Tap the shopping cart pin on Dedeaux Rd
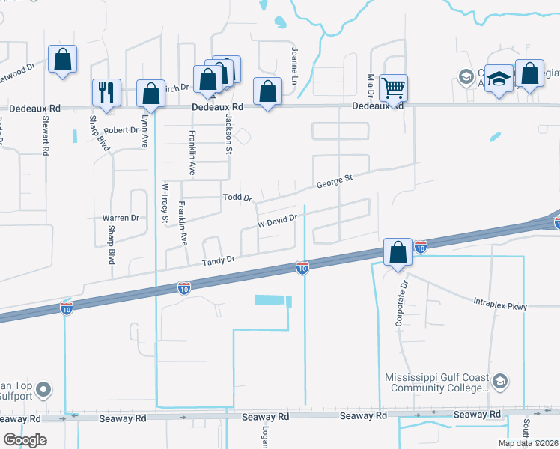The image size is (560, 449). pyautogui.click(x=393, y=88)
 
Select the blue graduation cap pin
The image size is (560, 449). pyautogui.click(x=497, y=79)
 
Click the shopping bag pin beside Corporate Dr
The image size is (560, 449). pyautogui.click(x=398, y=252)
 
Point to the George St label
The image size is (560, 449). pyautogui.click(x=334, y=181)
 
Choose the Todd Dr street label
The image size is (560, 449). pyautogui.click(x=239, y=198)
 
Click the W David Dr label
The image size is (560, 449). pyautogui.click(x=278, y=222)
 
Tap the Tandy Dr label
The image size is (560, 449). pyautogui.click(x=219, y=259)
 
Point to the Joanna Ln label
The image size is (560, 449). pyautogui.click(x=294, y=65)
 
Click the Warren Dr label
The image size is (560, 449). pyautogui.click(x=121, y=218)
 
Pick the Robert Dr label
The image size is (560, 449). pyautogui.click(x=121, y=130)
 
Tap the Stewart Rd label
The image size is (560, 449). pyautogui.click(x=46, y=135)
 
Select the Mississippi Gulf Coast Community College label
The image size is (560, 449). pyautogui.click(x=436, y=383)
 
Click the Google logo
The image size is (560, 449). pyautogui.click(x=25, y=440)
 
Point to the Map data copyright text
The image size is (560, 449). pyautogui.click(x=528, y=443)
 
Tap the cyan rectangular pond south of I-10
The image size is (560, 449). pyautogui.click(x=270, y=299)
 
